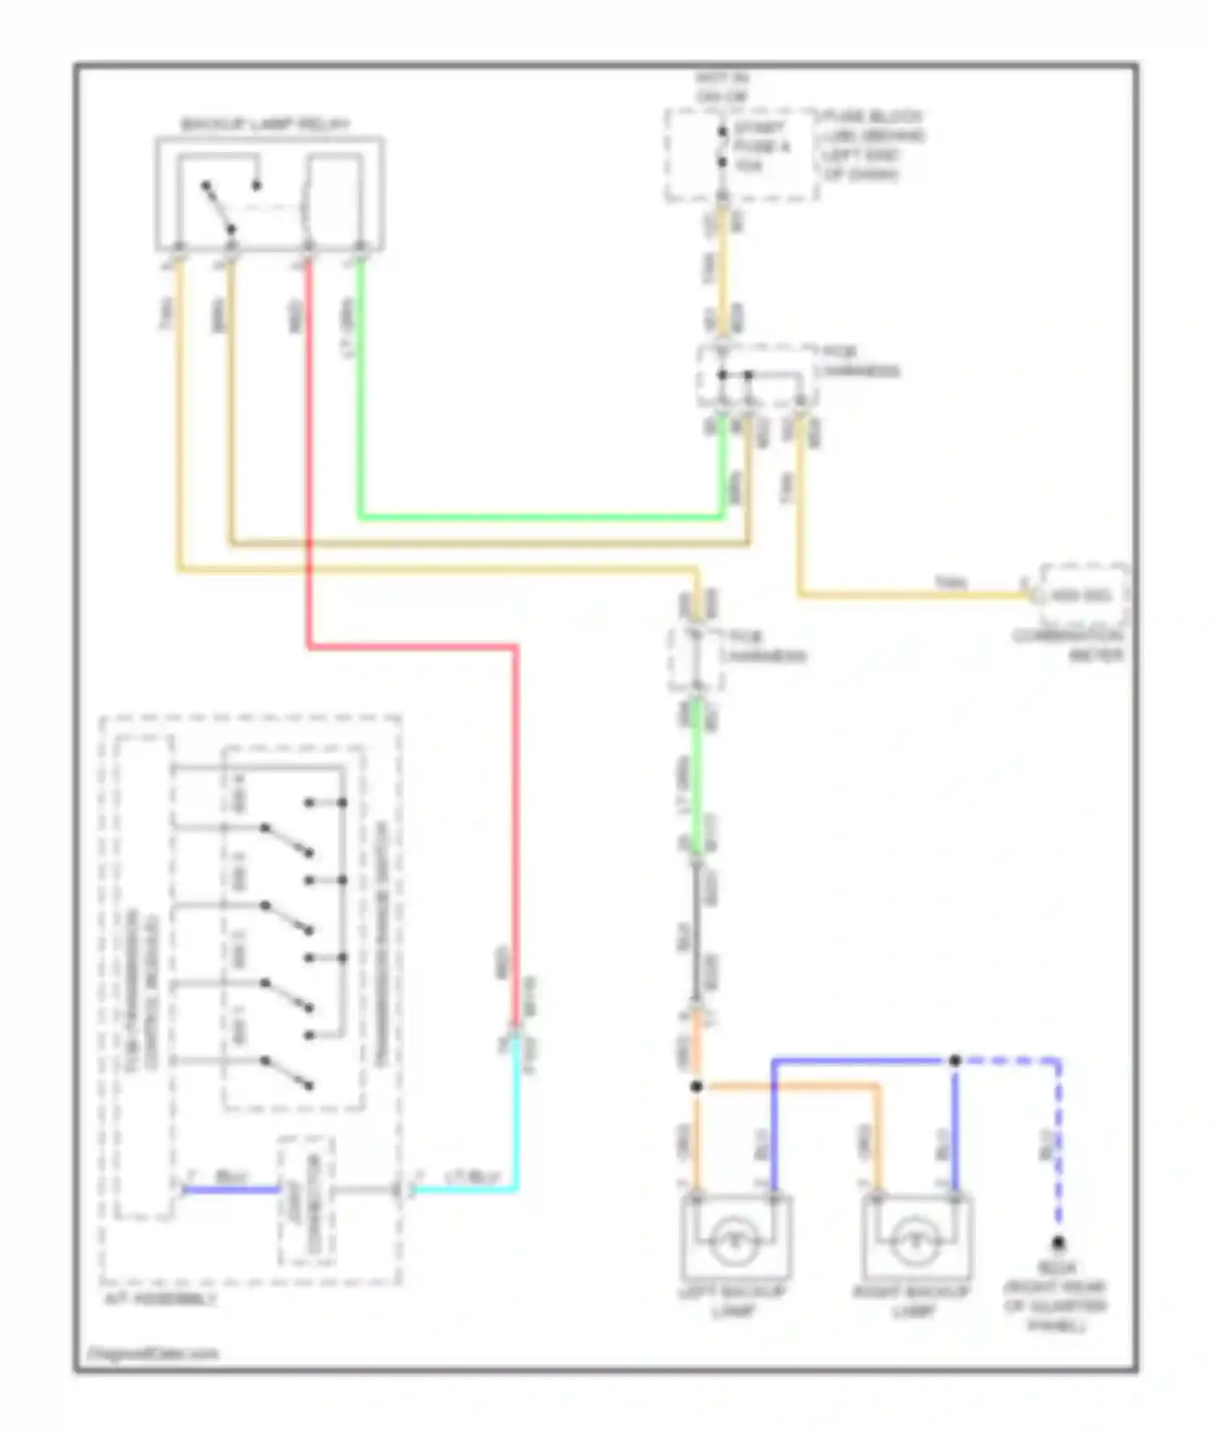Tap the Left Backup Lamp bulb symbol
click(x=734, y=1240)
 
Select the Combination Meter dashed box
click(x=1083, y=596)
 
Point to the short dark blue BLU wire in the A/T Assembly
click(x=230, y=1189)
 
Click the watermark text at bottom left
click(x=153, y=1354)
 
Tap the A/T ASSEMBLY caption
click(x=162, y=1299)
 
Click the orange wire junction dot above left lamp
click(x=696, y=1087)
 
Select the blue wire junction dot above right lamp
click(x=954, y=1060)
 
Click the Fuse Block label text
click(x=873, y=145)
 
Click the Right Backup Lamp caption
click(x=913, y=1300)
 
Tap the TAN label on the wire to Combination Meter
click(x=950, y=583)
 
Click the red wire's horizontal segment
click(x=412, y=646)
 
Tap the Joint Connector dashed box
click(x=306, y=1201)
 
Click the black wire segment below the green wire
click(x=696, y=929)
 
